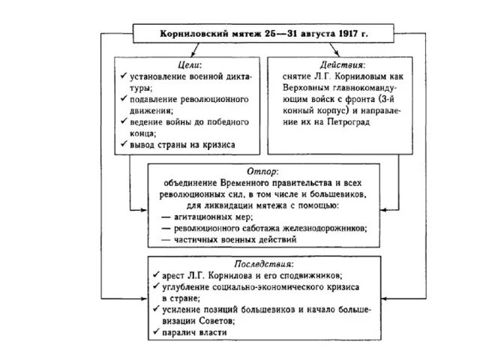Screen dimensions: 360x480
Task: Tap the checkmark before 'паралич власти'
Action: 154,332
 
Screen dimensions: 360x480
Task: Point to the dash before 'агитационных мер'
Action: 166,217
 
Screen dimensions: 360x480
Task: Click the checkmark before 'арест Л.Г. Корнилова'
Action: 154,275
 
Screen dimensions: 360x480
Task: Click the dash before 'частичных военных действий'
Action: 166,239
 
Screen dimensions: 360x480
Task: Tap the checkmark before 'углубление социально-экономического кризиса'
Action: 154,286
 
